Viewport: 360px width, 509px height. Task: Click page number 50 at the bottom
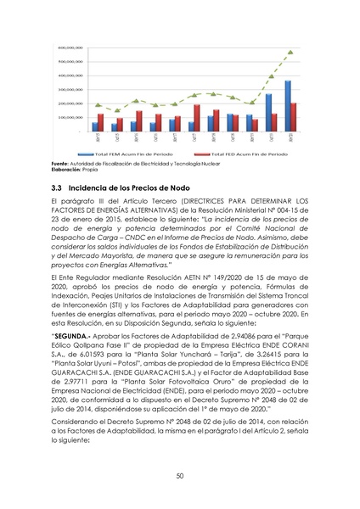[180, 476]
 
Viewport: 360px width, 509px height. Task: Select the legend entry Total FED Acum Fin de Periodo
[244, 154]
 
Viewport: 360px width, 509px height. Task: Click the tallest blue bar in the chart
[288, 106]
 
